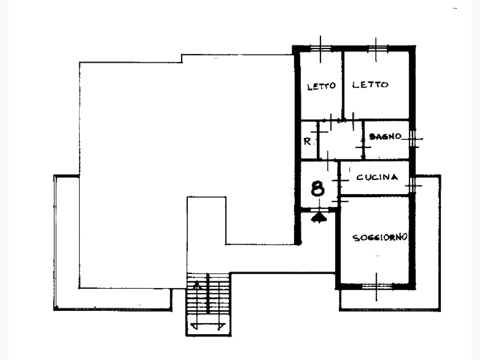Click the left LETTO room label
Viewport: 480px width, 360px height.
pos(322,86)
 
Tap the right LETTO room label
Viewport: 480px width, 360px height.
pos(370,84)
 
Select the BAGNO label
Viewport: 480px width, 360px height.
pos(385,136)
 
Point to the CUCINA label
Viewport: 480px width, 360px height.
pos(377,177)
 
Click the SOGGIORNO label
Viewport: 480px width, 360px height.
pos(380,238)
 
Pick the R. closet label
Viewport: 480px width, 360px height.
pos(307,142)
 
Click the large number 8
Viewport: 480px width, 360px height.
pos(317,188)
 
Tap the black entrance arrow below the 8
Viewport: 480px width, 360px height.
pos(319,217)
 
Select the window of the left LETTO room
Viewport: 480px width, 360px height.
pos(321,48)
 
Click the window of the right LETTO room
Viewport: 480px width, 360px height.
pos(377,48)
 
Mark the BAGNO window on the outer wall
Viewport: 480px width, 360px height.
pos(412,139)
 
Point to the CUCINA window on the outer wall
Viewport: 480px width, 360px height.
pos(412,185)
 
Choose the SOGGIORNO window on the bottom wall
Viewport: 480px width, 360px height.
pos(377,286)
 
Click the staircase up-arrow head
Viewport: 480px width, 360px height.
pos(197,285)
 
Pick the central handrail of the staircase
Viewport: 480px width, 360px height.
pos(208,293)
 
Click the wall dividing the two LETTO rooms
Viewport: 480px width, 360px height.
pos(343,85)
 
